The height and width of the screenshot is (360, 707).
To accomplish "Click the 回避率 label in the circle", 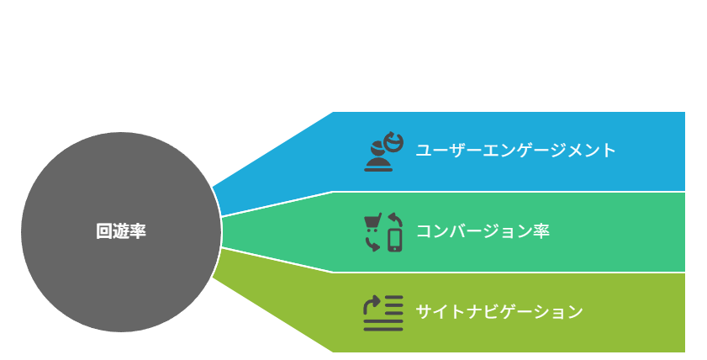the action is point(121,231).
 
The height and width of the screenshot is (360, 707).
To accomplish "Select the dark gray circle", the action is point(121,232).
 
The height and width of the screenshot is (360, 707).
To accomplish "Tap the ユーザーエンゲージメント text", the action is point(515,151).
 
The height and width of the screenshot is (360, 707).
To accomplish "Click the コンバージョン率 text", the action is point(483,231).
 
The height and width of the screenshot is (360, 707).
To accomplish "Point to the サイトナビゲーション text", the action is point(499,312).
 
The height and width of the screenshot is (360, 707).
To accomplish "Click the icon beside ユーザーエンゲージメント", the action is point(383,151).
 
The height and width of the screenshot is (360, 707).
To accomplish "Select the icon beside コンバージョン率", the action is point(383,232).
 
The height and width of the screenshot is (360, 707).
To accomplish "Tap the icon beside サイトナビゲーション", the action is point(383,313).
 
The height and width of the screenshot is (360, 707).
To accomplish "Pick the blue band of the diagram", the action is point(496,151).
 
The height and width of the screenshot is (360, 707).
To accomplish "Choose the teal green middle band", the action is point(496,232).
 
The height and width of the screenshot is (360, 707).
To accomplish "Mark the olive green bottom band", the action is point(496,313).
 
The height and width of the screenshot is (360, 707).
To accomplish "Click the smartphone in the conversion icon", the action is point(395,241).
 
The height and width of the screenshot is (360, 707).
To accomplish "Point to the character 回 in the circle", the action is point(104,231).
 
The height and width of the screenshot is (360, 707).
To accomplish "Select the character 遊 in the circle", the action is point(121,231).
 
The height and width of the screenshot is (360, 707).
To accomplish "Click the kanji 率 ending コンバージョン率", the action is point(541,231).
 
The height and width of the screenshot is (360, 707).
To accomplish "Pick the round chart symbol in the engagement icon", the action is point(393,141).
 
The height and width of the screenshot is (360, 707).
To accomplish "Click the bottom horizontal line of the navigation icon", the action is point(383,329).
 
